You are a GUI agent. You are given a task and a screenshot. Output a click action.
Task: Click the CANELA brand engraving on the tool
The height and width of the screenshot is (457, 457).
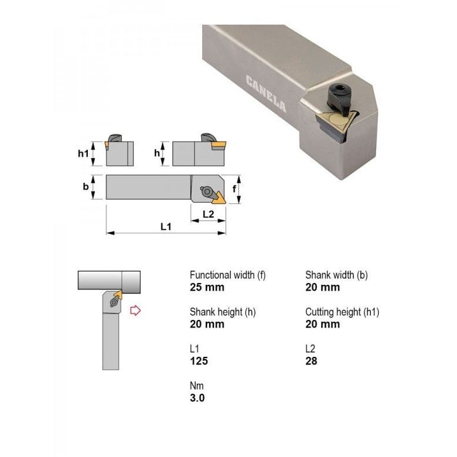tap(266, 94)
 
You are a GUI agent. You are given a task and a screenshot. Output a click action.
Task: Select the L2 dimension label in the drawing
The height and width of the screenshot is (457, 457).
tap(208, 214)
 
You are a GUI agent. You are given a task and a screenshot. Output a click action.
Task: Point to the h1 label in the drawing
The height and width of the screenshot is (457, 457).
tap(83, 154)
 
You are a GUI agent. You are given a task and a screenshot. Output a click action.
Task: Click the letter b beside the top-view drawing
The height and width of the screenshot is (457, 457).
tap(86, 187)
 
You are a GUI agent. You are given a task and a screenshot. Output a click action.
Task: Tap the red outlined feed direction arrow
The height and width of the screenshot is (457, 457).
tap(135, 311)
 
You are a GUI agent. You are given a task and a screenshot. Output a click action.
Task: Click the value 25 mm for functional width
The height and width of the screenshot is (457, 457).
tap(207, 287)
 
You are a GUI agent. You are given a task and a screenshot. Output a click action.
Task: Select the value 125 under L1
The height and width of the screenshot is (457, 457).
tap(199, 361)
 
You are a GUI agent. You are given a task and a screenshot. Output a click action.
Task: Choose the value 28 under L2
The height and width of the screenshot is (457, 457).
tap(311, 361)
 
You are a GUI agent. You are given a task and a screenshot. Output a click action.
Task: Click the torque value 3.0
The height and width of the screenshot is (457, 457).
tap(197, 398)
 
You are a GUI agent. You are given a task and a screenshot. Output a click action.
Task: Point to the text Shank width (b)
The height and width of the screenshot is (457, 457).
tap(336, 275)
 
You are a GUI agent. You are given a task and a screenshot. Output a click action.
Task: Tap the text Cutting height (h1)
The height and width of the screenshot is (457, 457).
tap(342, 312)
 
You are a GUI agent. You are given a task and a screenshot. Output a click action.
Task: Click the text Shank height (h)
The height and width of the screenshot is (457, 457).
tap(223, 312)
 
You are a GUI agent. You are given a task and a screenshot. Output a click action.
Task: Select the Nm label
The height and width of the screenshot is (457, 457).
tap(196, 386)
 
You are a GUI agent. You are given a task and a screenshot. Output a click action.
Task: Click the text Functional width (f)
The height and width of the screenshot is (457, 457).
tap(227, 275)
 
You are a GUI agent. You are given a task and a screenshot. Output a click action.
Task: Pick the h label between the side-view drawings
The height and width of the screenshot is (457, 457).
tap(156, 154)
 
